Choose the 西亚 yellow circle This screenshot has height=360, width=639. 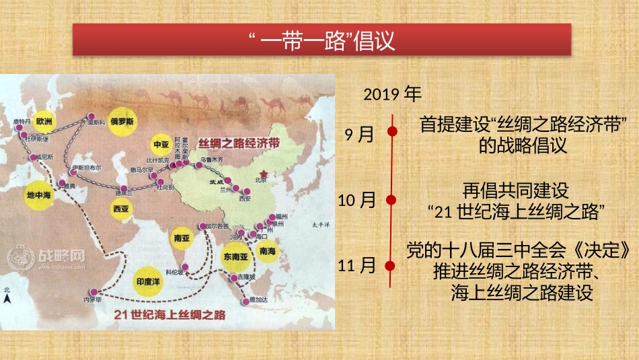point(121,209)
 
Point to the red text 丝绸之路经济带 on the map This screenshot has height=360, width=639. point(239,144)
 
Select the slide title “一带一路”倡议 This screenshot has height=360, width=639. point(321,40)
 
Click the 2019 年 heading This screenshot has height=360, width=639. point(393,94)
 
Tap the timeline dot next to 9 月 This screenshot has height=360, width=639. point(391,133)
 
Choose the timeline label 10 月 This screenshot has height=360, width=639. point(357,200)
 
